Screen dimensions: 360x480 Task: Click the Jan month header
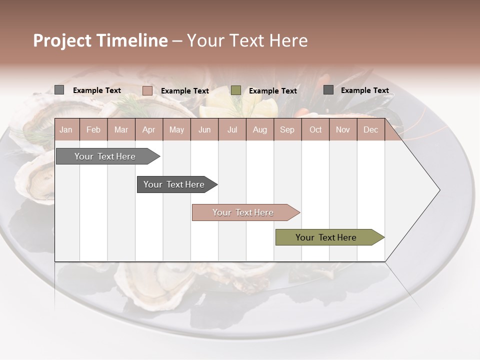(x=66, y=129)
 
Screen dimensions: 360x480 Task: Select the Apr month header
(x=148, y=129)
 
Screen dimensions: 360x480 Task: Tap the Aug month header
(x=259, y=129)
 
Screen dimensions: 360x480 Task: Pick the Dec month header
(x=370, y=129)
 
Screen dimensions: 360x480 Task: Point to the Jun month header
(x=204, y=129)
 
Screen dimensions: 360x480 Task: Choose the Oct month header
(x=315, y=129)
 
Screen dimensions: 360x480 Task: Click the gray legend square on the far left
(x=59, y=90)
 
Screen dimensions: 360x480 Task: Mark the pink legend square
(x=147, y=90)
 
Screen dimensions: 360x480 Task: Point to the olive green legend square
(x=235, y=90)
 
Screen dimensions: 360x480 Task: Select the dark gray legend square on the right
(x=328, y=90)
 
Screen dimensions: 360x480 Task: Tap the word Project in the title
(x=62, y=41)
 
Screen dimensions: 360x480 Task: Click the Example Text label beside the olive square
(x=272, y=91)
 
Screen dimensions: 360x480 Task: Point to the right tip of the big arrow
(x=439, y=190)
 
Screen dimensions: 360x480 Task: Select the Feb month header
(x=93, y=129)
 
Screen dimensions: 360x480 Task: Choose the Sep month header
(x=287, y=129)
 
